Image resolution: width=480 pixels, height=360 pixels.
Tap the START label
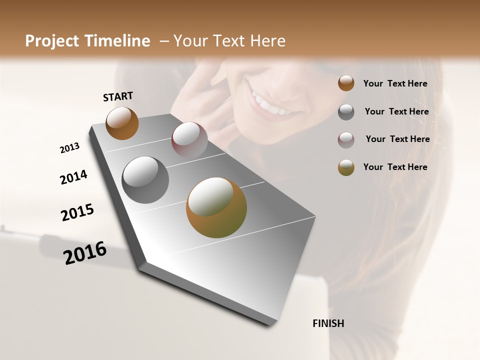pos(118,96)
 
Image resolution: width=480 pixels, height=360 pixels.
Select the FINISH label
pos(328,323)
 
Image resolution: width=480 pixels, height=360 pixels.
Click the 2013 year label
pos(69,148)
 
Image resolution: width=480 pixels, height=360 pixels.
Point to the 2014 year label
pos(73,177)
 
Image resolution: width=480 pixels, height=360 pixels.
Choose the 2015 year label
pos(77,212)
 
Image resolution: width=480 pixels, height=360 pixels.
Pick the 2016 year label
pos(85,252)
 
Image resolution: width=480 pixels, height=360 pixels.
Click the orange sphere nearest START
pos(122,123)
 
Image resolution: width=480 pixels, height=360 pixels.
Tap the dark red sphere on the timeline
pos(189,140)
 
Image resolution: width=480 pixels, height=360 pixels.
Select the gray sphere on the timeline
pos(145,180)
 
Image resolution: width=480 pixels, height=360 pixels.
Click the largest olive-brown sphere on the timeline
pos(216,207)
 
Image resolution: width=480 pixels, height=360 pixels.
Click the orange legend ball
pos(346,83)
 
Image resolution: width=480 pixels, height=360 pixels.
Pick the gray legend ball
pos(346,112)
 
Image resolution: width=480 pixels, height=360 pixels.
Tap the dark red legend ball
pos(346,140)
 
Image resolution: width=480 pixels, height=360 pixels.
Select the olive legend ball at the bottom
pos(346,167)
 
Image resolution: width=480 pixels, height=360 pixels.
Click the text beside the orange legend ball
pos(395,83)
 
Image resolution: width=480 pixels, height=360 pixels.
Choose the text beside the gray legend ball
pos(396,111)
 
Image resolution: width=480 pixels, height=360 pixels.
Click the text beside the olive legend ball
pos(395,167)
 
